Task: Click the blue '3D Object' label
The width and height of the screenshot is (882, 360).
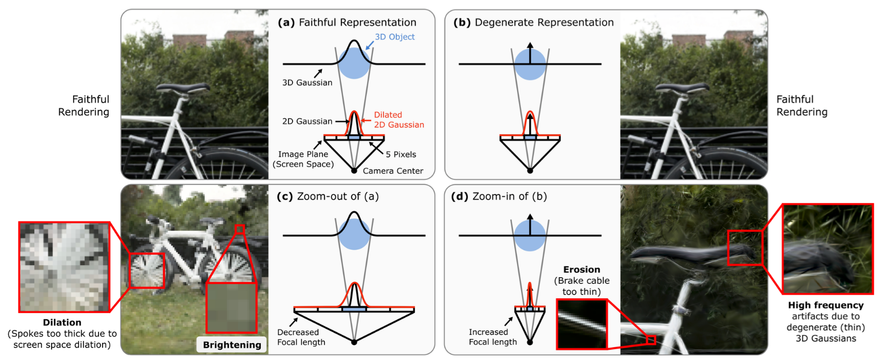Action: coord(395,37)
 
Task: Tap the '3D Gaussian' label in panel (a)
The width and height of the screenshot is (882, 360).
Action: coord(307,83)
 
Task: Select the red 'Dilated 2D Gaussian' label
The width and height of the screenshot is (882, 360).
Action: coord(399,120)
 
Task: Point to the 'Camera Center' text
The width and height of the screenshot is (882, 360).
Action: coord(393,171)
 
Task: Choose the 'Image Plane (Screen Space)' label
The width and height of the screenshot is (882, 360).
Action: coord(303,159)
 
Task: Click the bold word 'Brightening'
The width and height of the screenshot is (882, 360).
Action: coord(232,345)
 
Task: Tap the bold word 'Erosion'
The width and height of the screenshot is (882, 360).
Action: coord(581,270)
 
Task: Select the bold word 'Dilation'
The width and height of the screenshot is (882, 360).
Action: coord(62,323)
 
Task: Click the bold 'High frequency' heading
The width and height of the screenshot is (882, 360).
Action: coord(825,305)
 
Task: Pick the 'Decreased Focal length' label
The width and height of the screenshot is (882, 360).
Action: coord(301,337)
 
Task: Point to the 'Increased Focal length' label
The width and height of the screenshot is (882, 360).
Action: coord(493,337)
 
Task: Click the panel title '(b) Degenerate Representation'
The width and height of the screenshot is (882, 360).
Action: coord(533,22)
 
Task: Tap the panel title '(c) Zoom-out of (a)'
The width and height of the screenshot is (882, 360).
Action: coord(328,197)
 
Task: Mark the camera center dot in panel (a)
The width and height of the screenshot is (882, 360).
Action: coord(354,171)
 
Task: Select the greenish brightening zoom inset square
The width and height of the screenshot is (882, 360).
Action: coord(231,308)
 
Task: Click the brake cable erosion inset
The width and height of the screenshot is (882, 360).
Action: coord(581,324)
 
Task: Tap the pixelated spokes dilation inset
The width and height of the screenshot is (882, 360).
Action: coord(64,267)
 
